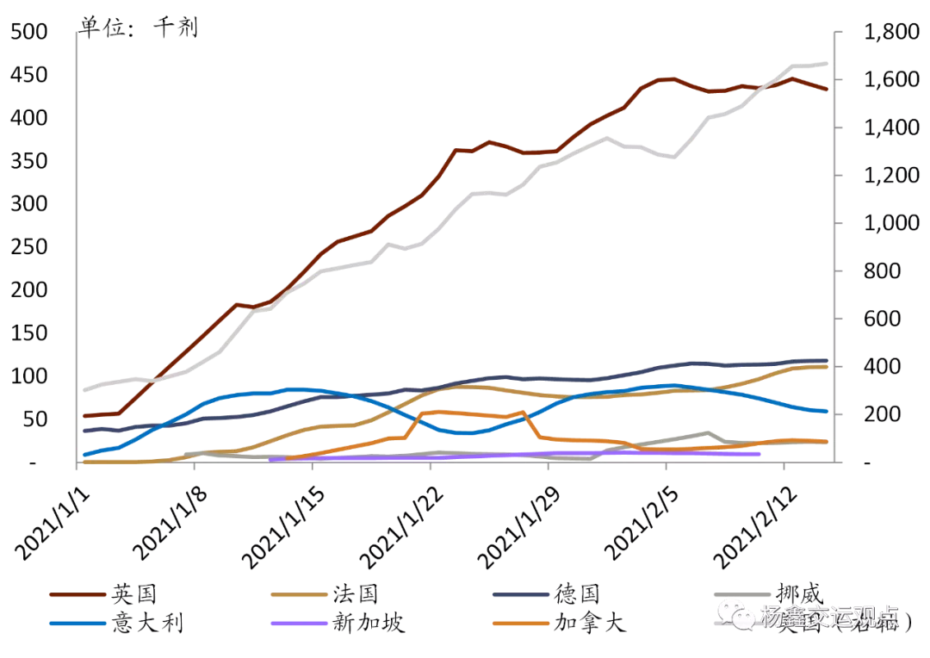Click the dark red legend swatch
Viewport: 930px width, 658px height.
[x=77, y=594]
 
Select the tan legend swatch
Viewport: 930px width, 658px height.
[x=299, y=594]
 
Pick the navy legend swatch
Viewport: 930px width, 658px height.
[x=520, y=594]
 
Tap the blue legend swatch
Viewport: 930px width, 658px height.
[x=77, y=623]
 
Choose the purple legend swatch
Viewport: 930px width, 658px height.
[x=299, y=623]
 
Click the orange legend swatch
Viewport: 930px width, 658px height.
[x=520, y=623]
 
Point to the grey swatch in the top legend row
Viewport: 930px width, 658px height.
[x=742, y=594]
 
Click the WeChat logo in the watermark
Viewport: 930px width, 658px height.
[x=736, y=614]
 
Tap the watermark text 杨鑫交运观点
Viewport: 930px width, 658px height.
[x=828, y=617]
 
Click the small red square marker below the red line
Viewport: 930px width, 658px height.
[x=231, y=320]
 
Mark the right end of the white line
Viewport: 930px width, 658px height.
[x=827, y=63]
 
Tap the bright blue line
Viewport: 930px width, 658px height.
[x=293, y=389]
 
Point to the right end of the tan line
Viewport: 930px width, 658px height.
[x=826, y=367]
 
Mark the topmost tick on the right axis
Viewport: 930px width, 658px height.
[x=836, y=32]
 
